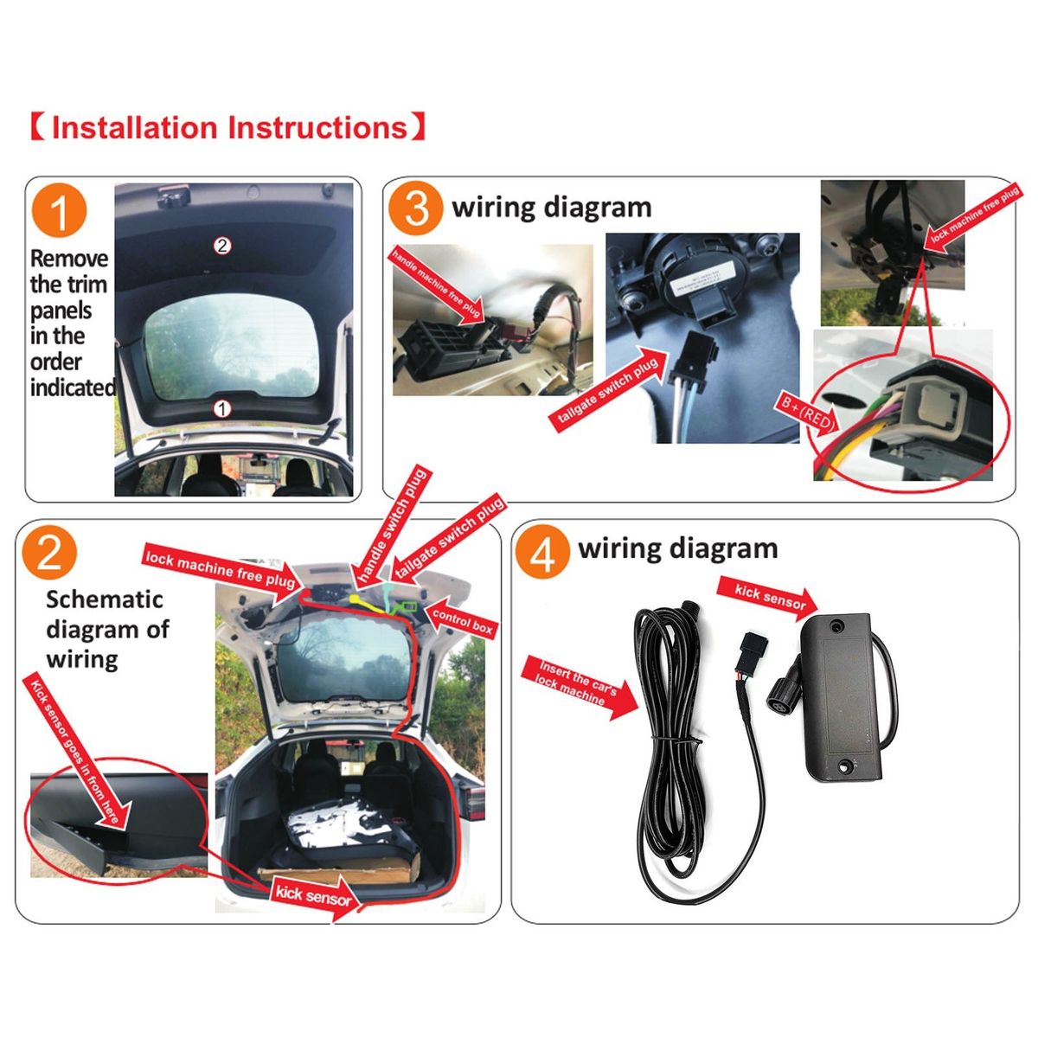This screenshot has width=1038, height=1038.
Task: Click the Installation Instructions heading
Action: pos(228,128)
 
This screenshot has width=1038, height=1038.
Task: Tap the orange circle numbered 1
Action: pos(60,210)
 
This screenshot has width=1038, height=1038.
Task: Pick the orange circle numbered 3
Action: pos(415,208)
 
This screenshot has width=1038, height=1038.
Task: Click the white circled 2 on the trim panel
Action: pos(222,247)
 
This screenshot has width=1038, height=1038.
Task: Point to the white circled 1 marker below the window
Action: pos(222,409)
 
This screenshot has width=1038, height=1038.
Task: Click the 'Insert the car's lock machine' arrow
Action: pos(580,687)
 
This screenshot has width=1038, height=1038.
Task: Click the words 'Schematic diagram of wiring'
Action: pos(108,629)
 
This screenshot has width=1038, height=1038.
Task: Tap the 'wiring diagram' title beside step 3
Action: pos(552,207)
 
